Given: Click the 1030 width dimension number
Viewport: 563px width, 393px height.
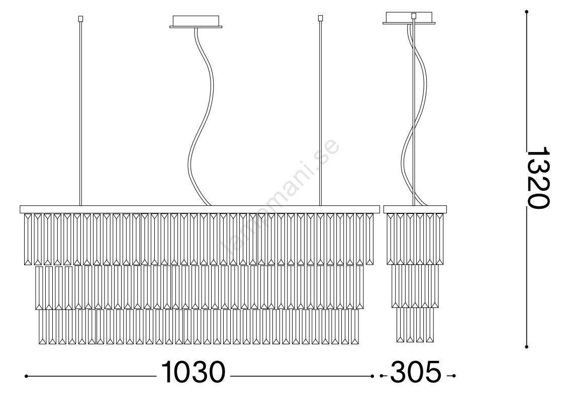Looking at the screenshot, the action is (193, 372).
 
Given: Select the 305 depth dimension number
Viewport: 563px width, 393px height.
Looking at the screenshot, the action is (415, 372).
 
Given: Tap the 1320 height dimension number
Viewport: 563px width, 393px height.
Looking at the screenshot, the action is (537, 177).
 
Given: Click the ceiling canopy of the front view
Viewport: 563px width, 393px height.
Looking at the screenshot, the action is (196, 21).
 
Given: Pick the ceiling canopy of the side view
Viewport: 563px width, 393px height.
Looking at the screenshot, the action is (409, 18).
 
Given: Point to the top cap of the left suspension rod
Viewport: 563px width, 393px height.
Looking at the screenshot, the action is (80, 18).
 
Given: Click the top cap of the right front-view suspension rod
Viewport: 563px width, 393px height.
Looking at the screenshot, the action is (320, 18).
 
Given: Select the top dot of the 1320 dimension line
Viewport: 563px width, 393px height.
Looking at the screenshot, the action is (527, 12).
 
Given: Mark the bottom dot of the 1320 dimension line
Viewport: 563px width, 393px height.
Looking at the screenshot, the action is (527, 347).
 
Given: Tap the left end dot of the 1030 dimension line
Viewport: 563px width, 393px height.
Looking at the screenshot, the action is (26, 376).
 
